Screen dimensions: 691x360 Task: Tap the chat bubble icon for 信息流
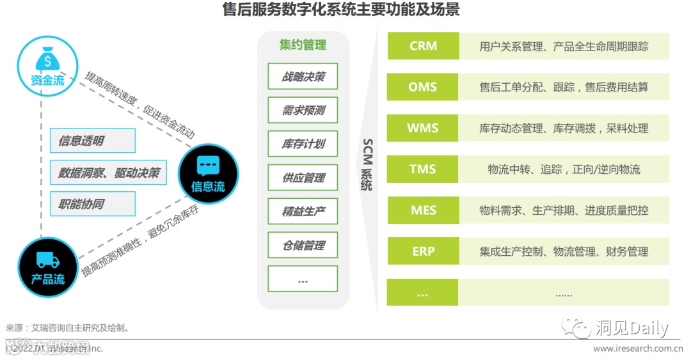coord(208,166)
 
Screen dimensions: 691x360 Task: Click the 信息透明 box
coord(93,141)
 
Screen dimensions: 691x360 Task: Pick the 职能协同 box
coord(93,204)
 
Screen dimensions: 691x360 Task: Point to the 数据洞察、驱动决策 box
coord(108,173)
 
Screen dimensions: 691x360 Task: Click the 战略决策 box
coord(303,77)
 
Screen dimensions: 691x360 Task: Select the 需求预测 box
coord(303,111)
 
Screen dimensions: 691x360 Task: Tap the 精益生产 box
coord(303,212)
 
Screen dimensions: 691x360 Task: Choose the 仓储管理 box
coord(303,246)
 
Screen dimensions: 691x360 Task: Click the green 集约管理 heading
coord(303,45)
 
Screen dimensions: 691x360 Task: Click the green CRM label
coord(423,46)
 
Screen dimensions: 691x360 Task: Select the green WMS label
coord(423,128)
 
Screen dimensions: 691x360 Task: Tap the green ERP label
coord(423,251)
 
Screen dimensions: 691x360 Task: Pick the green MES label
coord(423,210)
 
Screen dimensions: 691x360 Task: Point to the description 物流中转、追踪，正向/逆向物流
coord(564,169)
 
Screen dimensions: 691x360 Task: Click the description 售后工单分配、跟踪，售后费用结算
coord(564,87)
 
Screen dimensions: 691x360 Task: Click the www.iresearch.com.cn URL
coord(637,348)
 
